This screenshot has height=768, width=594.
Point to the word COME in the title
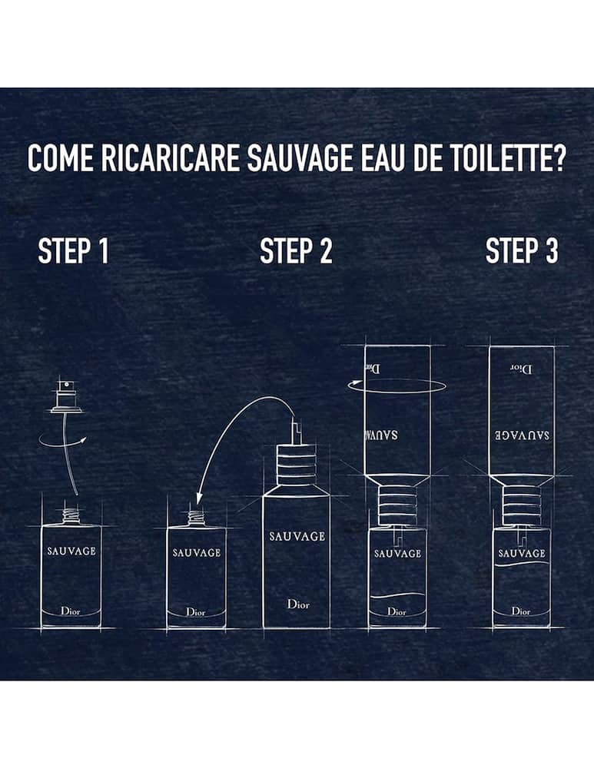(56, 158)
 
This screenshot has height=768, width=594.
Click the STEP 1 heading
(73, 251)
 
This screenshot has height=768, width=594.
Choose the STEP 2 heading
(296, 251)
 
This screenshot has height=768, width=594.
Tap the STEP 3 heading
(522, 251)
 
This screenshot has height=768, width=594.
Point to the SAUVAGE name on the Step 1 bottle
(71, 551)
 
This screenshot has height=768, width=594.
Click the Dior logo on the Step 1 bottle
(71, 611)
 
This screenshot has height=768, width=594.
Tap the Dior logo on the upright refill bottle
(297, 604)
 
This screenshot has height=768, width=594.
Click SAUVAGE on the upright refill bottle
(297, 536)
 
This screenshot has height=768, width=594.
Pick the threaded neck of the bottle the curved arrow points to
(197, 517)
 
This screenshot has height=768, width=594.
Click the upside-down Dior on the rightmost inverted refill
(522, 367)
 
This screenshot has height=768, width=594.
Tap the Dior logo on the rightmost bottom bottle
(521, 611)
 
